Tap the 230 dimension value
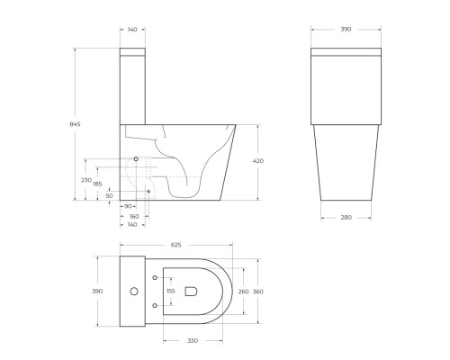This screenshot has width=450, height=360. click(x=87, y=179)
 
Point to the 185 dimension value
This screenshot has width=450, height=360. click(x=96, y=184)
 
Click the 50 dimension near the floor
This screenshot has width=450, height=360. click(x=109, y=195)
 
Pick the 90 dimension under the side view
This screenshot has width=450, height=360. click(x=128, y=206)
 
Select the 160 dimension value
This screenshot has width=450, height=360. click(x=133, y=216)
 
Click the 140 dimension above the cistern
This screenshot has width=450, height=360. click(x=133, y=30)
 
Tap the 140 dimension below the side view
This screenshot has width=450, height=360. click(x=133, y=224)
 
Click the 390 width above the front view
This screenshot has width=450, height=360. click(x=346, y=30)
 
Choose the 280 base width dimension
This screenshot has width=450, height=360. click(x=346, y=217)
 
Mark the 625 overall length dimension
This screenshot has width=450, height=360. click(x=176, y=245)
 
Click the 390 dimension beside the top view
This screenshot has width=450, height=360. click(x=97, y=291)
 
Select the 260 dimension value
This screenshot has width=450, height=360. click(x=242, y=291)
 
